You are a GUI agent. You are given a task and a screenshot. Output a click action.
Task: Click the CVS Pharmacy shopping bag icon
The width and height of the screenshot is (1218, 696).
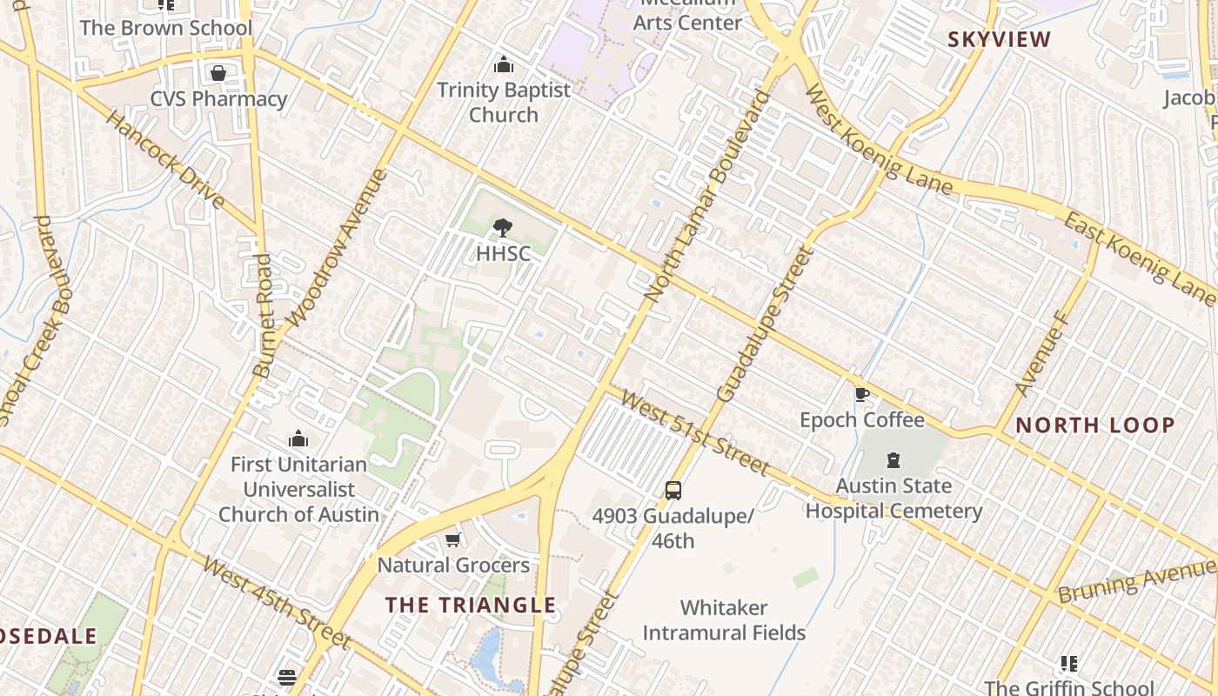(217, 73)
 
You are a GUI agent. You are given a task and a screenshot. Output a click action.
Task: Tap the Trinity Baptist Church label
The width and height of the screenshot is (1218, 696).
(504, 102)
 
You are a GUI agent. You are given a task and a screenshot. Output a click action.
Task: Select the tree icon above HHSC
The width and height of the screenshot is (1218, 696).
(502, 229)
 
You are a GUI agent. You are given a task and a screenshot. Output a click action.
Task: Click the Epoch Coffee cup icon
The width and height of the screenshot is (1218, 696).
(861, 394)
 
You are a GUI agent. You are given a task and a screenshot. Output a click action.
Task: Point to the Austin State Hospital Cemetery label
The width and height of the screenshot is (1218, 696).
(893, 498)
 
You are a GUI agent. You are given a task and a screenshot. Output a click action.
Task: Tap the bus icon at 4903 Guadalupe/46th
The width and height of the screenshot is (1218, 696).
(673, 490)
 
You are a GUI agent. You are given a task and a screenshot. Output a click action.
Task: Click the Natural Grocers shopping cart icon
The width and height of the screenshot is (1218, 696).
(452, 540)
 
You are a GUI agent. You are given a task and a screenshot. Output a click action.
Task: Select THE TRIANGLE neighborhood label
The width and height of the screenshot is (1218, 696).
(471, 605)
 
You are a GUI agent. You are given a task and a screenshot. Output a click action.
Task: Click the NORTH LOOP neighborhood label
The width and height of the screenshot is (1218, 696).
(1095, 425)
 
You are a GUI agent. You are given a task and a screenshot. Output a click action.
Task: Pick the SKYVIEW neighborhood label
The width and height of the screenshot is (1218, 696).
(1000, 39)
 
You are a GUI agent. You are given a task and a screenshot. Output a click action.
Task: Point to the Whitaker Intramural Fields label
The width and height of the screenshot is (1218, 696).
(724, 619)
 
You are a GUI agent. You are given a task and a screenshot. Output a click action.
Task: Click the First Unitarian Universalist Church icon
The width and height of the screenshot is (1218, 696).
(298, 438)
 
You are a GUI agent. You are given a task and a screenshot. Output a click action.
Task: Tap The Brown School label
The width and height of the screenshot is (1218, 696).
(165, 28)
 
